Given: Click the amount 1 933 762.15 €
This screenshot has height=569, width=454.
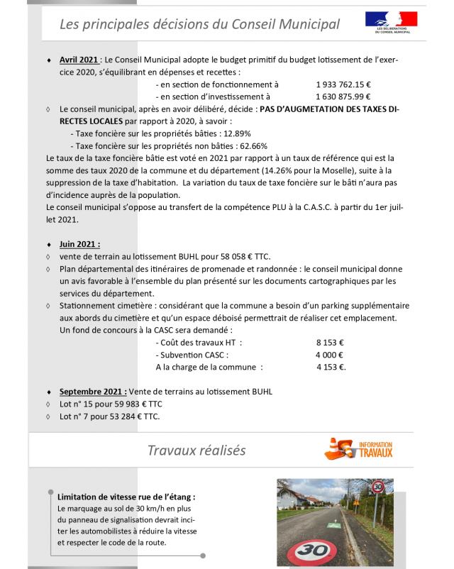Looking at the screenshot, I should click(x=344, y=84).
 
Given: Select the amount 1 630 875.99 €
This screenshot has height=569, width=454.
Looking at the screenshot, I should click(x=344, y=96).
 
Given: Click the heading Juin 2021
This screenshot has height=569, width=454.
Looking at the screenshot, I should click(x=79, y=243).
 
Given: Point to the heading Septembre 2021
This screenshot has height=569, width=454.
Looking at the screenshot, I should click(x=93, y=391).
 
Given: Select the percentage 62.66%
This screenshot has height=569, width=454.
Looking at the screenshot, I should click(x=251, y=145).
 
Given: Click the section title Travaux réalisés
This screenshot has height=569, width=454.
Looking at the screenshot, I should click(x=196, y=451).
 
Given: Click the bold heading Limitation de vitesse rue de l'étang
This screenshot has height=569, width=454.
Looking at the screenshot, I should click(x=126, y=497).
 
